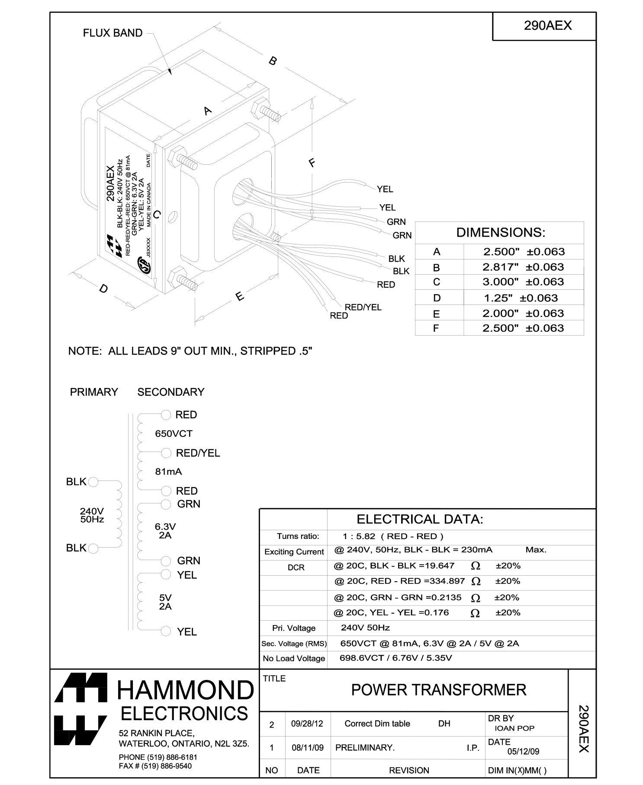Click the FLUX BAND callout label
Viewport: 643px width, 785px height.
pyautogui.click(x=113, y=33)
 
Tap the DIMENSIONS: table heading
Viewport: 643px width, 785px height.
pyautogui.click(x=501, y=233)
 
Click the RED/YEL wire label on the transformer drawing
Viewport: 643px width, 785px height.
pyautogui.click(x=363, y=308)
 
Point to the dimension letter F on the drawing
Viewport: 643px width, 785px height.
pyautogui.click(x=312, y=163)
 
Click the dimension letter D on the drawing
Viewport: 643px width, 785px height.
pyautogui.click(x=103, y=288)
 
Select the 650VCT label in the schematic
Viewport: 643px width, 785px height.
pyautogui.click(x=174, y=434)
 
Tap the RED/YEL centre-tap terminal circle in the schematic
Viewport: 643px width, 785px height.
pyautogui.click(x=166, y=453)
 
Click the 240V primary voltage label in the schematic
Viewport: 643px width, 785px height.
pyautogui.click(x=92, y=511)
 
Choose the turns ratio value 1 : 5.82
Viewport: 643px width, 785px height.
pyautogui.click(x=359, y=537)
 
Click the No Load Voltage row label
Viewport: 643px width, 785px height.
pyautogui.click(x=294, y=659)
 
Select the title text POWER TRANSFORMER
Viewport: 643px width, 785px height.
pyautogui.click(x=438, y=690)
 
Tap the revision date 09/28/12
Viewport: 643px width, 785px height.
pyautogui.click(x=307, y=724)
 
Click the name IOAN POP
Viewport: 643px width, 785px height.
pyautogui.click(x=514, y=728)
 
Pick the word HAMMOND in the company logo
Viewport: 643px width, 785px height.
pyautogui.click(x=186, y=690)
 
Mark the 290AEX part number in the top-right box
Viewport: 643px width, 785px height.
pyautogui.click(x=547, y=26)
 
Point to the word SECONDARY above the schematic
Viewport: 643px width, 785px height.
pyautogui.click(x=171, y=392)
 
